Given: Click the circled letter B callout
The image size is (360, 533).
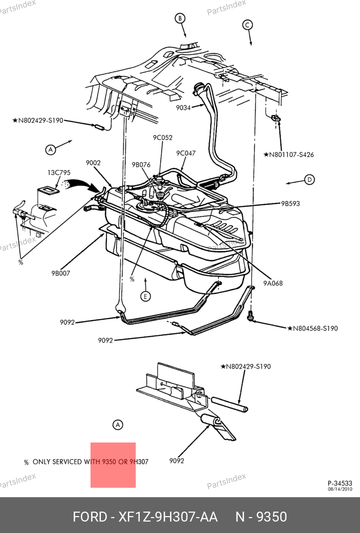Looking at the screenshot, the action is coord(180,18).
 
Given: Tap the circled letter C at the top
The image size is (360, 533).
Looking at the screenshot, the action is coord(247,25).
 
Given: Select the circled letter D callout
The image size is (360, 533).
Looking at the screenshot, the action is coord(309,179).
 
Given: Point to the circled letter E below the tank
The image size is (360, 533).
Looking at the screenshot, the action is coord(146,296).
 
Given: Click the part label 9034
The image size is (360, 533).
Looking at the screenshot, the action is coord(183,108).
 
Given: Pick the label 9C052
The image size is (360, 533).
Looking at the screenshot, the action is coord(163,138).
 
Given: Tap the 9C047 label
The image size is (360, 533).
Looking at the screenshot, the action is coord(186,153).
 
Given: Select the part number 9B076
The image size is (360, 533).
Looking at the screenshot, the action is coord(141,165).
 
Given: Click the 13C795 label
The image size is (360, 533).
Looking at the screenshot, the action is coord(59,173).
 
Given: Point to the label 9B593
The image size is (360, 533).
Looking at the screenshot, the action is coord(290,204).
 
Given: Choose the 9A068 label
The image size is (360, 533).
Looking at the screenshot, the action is coord(273,283).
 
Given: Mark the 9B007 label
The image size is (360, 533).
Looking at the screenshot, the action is coord(61,273).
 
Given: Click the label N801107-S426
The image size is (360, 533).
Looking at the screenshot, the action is coord(288,155).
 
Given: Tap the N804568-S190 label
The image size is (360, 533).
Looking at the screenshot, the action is coord(313,328).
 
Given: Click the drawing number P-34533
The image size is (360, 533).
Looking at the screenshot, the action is coord(340,483).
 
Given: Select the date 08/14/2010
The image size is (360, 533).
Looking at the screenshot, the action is coord(340,489).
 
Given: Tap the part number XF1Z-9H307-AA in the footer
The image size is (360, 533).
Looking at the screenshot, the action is coord(168,517).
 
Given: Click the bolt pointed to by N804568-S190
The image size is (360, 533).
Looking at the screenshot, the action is coord(251,317).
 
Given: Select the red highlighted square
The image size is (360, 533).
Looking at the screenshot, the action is coord(113,465).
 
